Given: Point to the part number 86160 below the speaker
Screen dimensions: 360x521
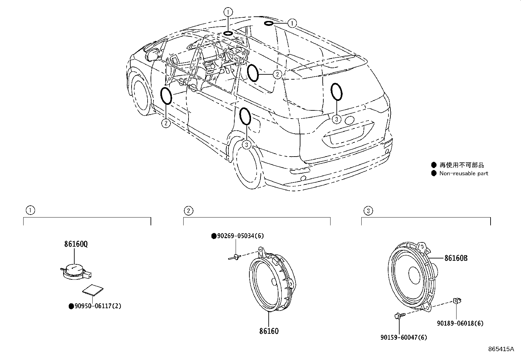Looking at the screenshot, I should tap(269, 331).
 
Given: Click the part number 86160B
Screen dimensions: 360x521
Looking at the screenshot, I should tap(456, 258).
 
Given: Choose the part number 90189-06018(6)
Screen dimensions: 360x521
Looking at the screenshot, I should tap(460, 323).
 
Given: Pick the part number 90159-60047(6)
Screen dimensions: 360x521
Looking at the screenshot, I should tap(404, 337).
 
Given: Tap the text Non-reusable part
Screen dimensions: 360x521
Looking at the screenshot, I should tap(463, 174).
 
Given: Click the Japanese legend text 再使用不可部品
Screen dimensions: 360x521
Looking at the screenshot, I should tap(461, 165).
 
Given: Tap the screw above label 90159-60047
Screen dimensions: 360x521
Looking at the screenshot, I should tap(399, 315).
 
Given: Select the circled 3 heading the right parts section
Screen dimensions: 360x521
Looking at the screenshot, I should tap(368, 211).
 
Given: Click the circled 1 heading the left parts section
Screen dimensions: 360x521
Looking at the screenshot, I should tap(30, 210).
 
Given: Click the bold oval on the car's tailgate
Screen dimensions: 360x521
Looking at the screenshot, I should tap(336, 91).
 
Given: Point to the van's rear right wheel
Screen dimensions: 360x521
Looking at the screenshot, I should tap(246, 167).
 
